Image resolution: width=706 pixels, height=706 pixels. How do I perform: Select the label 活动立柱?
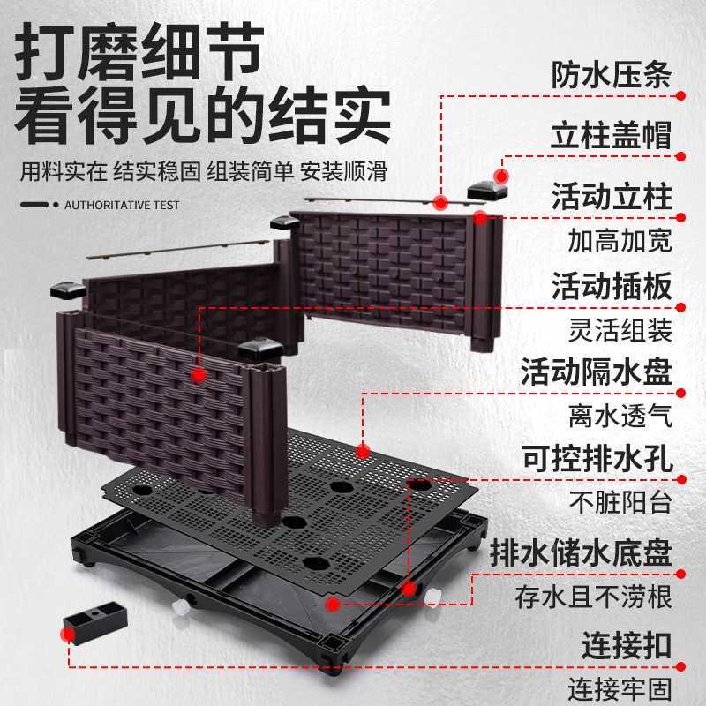point(611,195)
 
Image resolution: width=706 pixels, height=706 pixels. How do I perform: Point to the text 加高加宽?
point(620,240)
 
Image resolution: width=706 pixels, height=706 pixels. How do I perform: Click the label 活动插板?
point(611,285)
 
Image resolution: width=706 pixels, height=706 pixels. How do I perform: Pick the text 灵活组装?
point(620,330)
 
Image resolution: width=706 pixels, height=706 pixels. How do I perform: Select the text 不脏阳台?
point(620,503)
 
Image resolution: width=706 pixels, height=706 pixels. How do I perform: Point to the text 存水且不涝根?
point(593,596)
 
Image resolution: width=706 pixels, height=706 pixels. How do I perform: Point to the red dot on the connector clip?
point(69,633)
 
